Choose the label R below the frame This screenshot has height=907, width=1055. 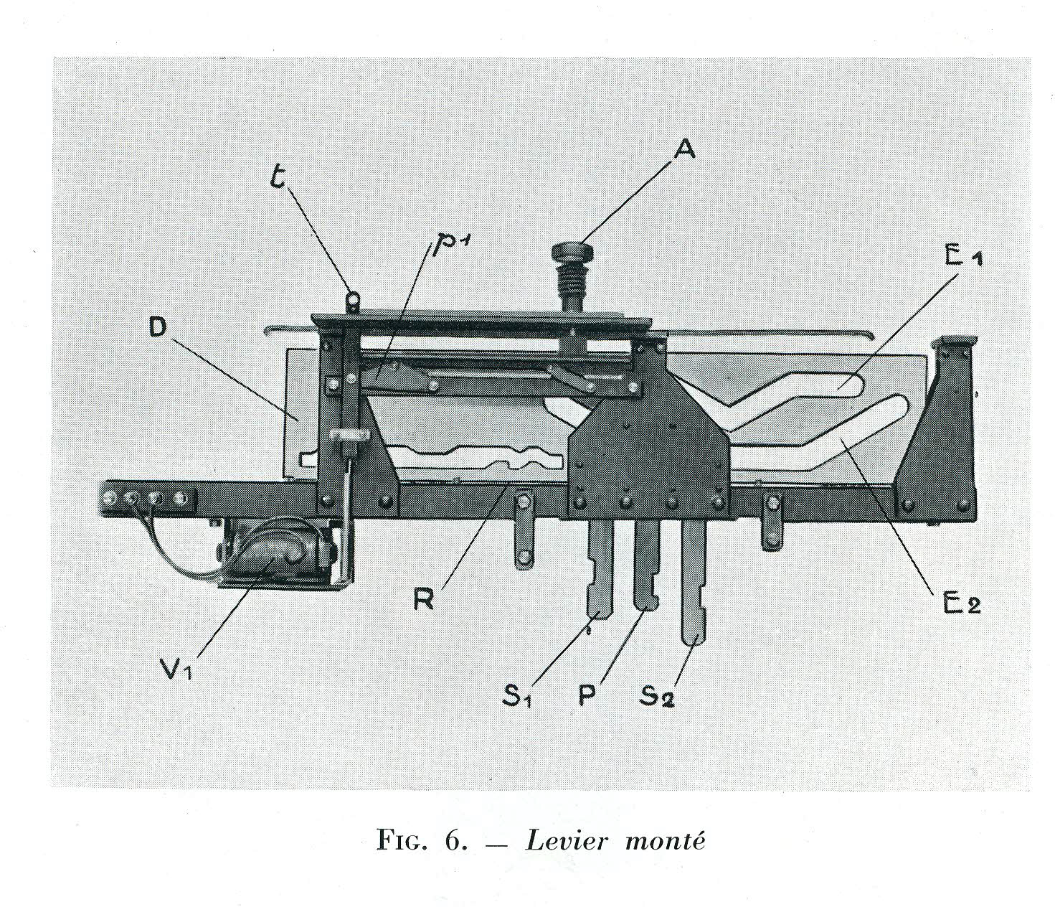[425, 598]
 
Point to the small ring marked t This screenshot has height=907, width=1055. [353, 296]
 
